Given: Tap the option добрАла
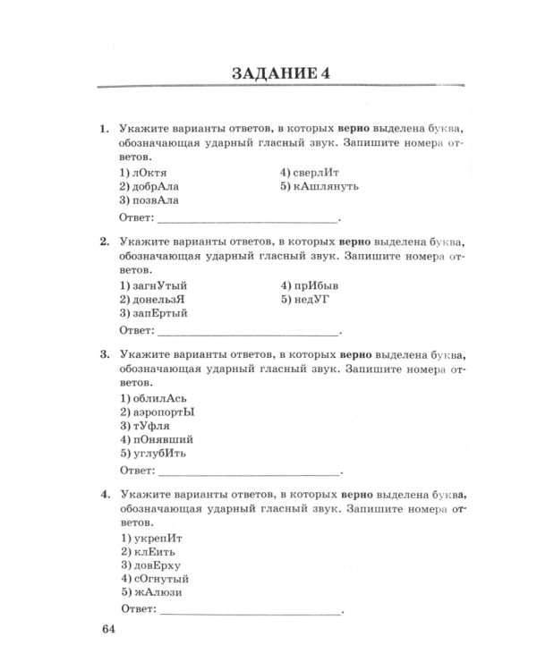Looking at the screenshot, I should tap(155, 186).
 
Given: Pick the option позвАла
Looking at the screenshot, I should tap(155, 201).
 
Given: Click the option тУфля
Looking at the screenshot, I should tap(149, 427).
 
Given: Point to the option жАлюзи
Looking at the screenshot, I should tap(152, 593).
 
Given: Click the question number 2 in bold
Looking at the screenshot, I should tap(103, 242).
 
